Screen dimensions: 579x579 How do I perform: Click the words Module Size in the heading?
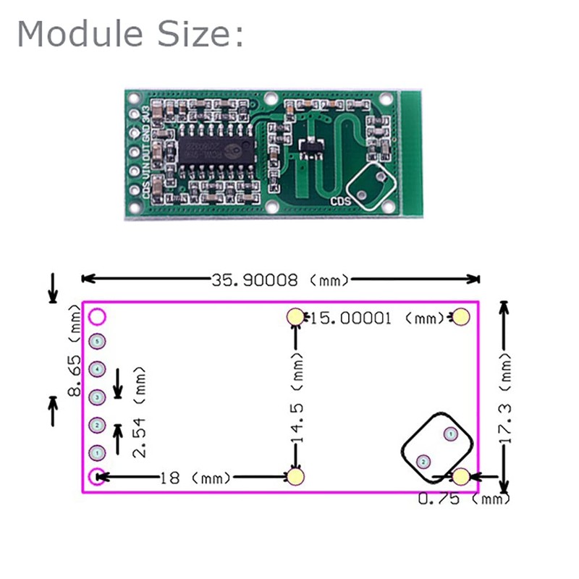point(130,34)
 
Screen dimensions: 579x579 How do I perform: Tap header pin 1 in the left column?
point(97,453)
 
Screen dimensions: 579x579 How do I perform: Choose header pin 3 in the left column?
point(97,397)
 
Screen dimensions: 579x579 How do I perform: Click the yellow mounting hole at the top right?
point(462,317)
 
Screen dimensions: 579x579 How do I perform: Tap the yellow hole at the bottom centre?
point(295,476)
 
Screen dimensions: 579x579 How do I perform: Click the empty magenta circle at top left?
point(97,316)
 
